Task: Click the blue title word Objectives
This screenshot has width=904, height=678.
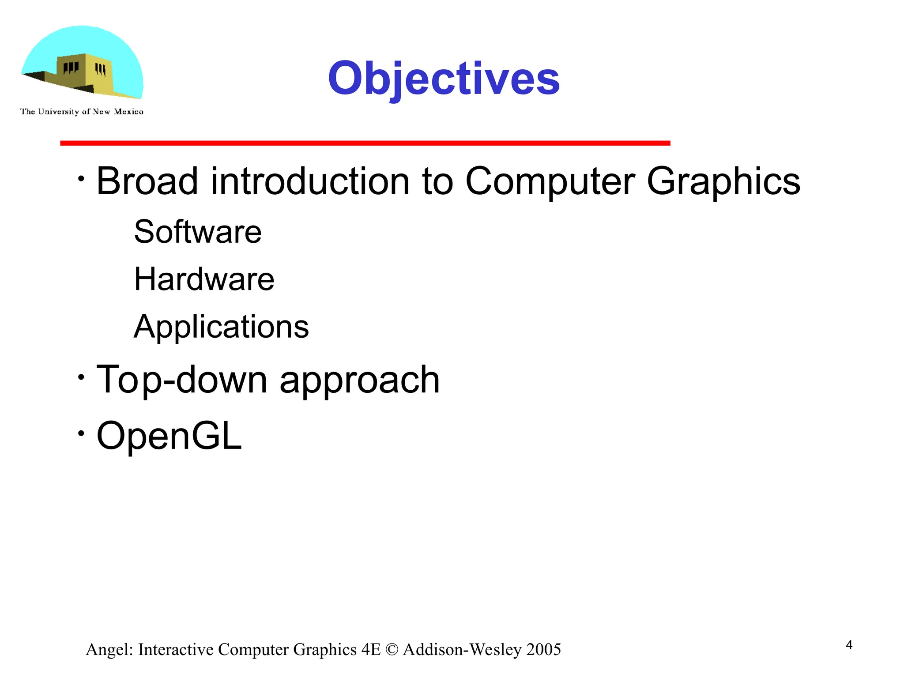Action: click(x=444, y=79)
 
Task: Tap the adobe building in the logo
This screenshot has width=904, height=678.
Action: click(x=84, y=73)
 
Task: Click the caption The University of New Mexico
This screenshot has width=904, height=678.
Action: click(x=82, y=112)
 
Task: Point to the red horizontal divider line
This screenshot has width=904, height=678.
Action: click(x=365, y=143)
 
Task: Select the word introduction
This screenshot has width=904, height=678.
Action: click(x=310, y=181)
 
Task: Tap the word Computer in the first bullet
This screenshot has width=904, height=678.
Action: click(x=550, y=181)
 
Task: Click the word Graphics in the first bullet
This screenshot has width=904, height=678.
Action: click(x=723, y=181)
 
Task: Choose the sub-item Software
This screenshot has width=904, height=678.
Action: click(x=198, y=232)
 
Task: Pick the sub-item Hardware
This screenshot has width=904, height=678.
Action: click(x=204, y=279)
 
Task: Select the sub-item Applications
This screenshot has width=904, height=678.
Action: click(x=221, y=327)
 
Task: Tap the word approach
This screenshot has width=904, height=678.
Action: click(x=360, y=380)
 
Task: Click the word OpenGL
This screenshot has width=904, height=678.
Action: click(x=169, y=436)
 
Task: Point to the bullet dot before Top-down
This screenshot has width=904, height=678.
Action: click(x=81, y=377)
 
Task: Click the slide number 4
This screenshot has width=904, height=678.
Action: click(x=849, y=645)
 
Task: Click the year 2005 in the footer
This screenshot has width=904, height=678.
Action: click(x=543, y=650)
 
